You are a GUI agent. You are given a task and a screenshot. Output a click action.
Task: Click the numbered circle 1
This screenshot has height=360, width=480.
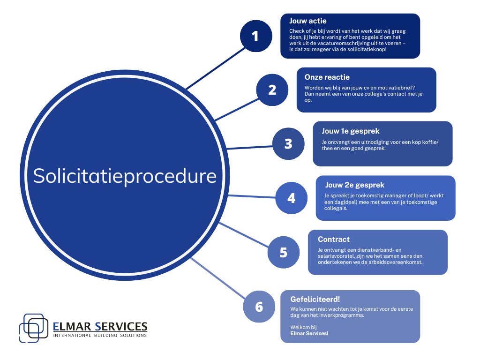[255, 36]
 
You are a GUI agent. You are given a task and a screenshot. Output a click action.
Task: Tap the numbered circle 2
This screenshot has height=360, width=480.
[272, 90]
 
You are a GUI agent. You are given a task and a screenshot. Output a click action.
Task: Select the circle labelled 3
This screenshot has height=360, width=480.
[288, 143]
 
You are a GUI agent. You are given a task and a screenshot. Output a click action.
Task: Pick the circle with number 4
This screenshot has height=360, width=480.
[291, 198]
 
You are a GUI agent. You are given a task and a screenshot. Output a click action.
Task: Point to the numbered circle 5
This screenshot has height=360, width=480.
[284, 252]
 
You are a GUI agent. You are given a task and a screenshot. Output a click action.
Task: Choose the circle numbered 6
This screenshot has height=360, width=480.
[259, 307]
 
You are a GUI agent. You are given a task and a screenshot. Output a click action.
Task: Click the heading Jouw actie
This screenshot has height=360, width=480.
[308, 21]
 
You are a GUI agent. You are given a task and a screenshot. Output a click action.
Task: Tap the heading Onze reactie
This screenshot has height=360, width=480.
[327, 77]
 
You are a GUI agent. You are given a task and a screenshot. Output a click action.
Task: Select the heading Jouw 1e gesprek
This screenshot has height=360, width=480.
[350, 131]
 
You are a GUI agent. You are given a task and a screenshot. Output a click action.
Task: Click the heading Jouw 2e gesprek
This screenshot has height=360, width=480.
[354, 185]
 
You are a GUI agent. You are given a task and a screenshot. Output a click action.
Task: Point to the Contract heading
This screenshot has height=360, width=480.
[333, 239]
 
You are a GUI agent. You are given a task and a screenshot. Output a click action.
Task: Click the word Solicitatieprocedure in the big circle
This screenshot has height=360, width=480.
[125, 176]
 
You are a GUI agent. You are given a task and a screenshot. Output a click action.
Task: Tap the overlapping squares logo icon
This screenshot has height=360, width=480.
[34, 327]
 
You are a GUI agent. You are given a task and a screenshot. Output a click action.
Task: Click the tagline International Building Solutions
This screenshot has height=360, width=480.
[100, 335]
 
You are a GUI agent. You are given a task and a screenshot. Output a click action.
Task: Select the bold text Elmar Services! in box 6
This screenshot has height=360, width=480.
[309, 333]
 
